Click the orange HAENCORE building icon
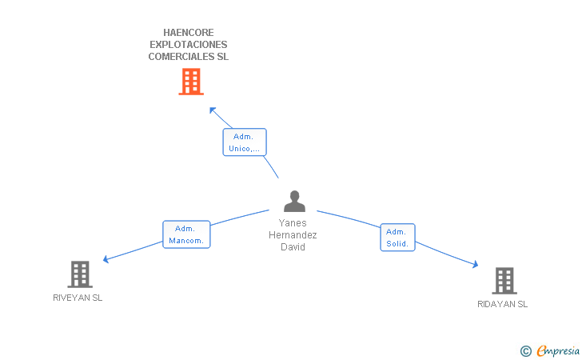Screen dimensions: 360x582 [x=190, y=82]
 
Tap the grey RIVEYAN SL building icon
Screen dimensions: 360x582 [x=79, y=274]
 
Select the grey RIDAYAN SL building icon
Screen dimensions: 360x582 [x=504, y=281]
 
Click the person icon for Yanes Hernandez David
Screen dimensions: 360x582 [x=295, y=201]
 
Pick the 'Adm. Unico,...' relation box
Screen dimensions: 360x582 [x=244, y=142]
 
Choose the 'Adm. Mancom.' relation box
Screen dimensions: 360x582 [x=186, y=234]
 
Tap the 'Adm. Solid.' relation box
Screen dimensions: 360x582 [x=397, y=238]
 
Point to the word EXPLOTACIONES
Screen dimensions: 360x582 [x=189, y=45]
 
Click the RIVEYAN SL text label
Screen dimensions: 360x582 [x=78, y=298]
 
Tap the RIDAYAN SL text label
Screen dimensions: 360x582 [x=502, y=304]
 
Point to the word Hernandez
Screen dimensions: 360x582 [x=293, y=235]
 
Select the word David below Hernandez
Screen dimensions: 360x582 [x=293, y=247]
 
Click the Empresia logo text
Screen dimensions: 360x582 [x=558, y=350]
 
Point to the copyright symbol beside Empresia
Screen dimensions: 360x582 [x=525, y=350]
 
